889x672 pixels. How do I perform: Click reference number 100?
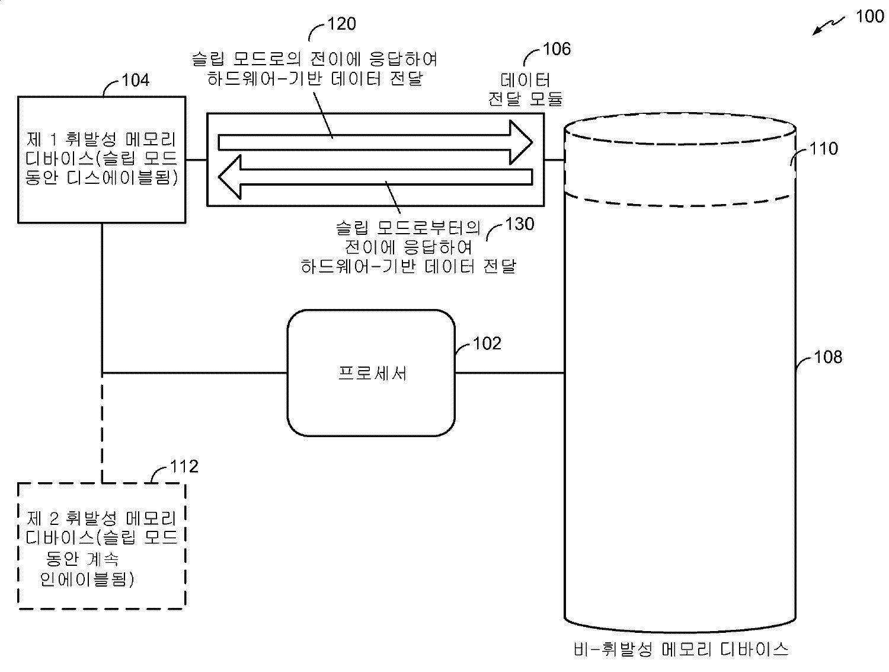coord(869,16)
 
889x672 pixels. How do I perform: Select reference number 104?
coord(135,79)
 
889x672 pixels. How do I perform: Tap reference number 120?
coord(341,24)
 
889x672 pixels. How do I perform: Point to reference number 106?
coord(557,49)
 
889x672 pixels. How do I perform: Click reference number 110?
coord(824,148)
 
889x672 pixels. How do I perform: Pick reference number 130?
coord(519,224)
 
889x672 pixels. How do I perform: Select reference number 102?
coord(487,343)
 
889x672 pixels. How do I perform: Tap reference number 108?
coord(828,357)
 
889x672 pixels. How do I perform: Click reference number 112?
coord(184,467)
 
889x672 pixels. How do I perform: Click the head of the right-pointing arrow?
coord(522,142)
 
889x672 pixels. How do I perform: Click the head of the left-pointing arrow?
coord(230,176)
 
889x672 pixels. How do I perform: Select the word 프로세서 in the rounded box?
coord(372,372)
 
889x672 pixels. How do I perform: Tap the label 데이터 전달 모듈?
coord(525,89)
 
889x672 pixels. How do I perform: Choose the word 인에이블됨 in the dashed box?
coord(87,579)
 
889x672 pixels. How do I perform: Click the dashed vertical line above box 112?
coord(103,427)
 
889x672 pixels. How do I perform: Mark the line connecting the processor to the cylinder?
coord(509,373)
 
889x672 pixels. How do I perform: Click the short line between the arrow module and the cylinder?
coord(554,160)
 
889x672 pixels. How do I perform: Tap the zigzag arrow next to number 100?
coord(829,26)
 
